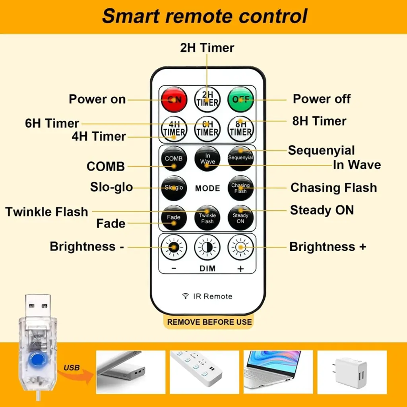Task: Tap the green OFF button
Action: tap(240, 99)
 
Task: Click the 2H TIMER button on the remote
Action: tap(207, 99)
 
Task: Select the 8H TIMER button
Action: tap(240, 129)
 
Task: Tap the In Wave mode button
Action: tap(207, 159)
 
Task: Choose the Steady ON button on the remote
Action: tap(240, 218)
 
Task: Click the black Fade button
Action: tap(174, 218)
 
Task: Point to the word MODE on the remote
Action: tap(207, 188)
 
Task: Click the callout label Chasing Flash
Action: tap(333, 188)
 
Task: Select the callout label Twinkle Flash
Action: tap(47, 212)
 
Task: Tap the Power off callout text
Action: tap(322, 99)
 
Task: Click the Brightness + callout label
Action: tap(328, 246)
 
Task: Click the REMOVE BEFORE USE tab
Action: tap(209, 322)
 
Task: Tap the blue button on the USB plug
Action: tap(37, 359)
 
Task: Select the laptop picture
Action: tap(278, 372)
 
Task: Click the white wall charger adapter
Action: tap(351, 373)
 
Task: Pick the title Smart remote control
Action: tap(205, 16)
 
